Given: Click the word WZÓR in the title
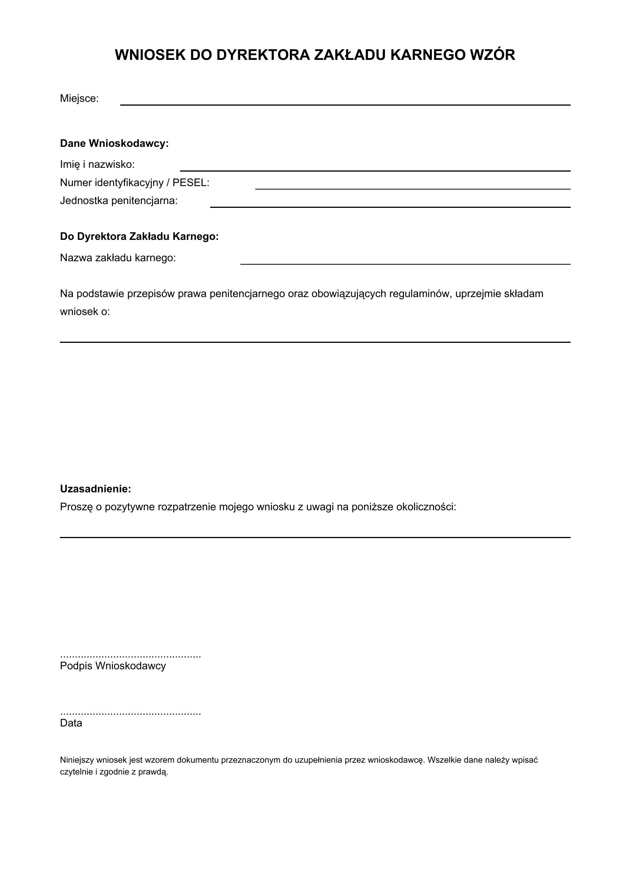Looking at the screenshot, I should click(x=492, y=55).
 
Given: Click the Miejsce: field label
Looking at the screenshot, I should click(x=79, y=99).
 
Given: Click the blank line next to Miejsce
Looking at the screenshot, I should click(x=345, y=104).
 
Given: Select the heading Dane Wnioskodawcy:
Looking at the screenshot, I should click(x=114, y=143).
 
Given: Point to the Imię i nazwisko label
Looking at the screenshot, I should click(x=97, y=164).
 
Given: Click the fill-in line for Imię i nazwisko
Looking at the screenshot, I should click(x=375, y=170).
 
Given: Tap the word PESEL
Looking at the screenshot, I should click(x=190, y=183).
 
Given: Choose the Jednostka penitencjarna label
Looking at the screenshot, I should click(x=119, y=201).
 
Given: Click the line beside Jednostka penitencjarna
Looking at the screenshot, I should click(x=390, y=207).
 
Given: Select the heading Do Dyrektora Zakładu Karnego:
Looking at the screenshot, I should click(x=139, y=236).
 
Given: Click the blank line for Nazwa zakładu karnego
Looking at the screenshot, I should click(x=405, y=264).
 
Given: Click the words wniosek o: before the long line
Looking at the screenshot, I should click(x=85, y=312).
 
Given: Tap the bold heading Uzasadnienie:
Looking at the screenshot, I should click(x=95, y=489).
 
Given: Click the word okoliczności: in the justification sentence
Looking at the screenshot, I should click(x=426, y=507).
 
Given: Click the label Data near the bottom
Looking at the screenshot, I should click(x=71, y=723).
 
